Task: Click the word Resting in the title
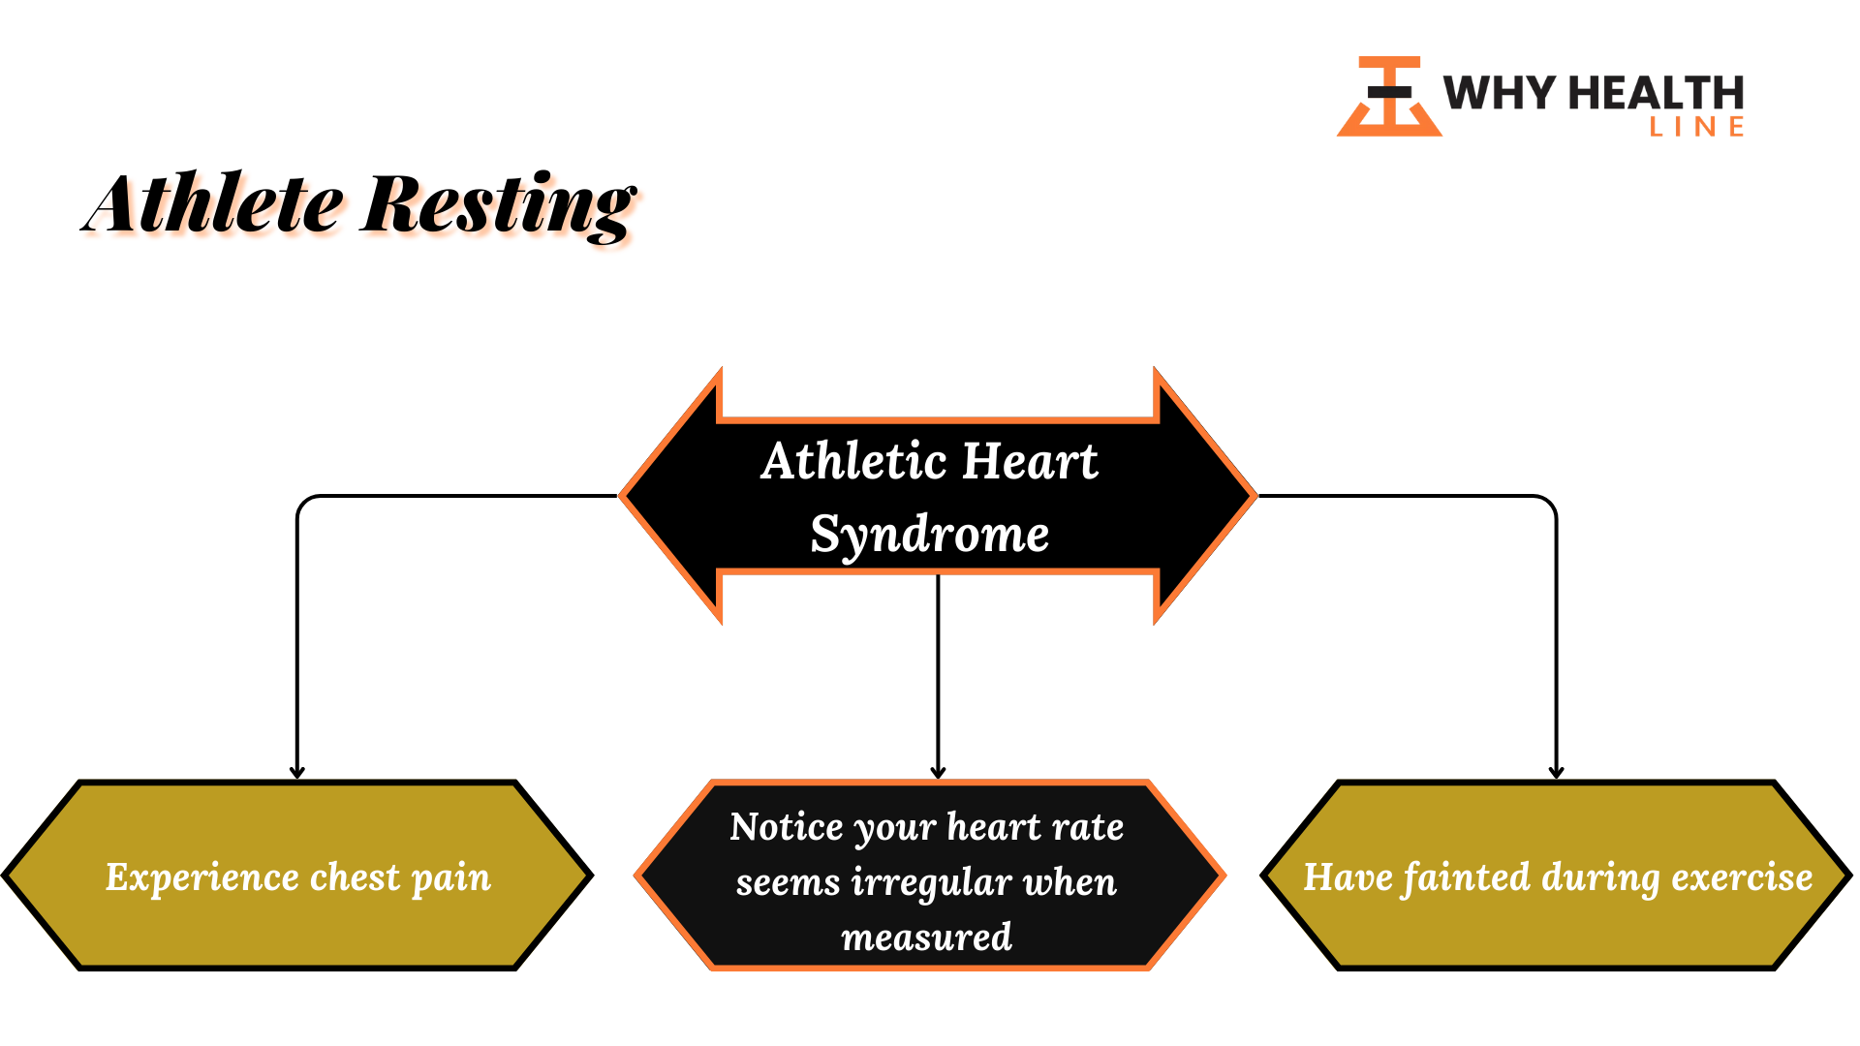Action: (x=499, y=205)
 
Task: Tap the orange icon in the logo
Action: (x=1389, y=96)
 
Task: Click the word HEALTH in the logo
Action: (x=1657, y=94)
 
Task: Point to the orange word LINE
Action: (x=1697, y=127)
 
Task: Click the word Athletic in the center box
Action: (x=853, y=461)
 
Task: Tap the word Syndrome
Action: (x=930, y=536)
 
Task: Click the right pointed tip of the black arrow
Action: (x=1255, y=496)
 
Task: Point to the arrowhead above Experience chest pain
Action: (x=297, y=773)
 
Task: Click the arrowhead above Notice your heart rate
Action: (x=938, y=773)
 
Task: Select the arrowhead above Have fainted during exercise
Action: (x=1557, y=773)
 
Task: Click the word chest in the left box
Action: (x=355, y=877)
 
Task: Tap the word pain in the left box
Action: (x=451, y=879)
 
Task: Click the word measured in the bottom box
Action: (x=927, y=938)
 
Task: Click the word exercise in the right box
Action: (x=1742, y=877)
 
